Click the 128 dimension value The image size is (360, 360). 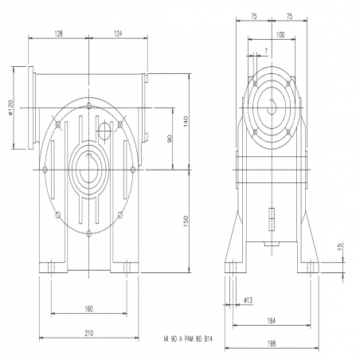(x=58, y=33)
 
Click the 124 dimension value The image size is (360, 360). (x=118, y=33)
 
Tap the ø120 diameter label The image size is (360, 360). (x=10, y=108)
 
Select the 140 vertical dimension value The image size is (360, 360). (x=186, y=121)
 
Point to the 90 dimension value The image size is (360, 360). (x=170, y=139)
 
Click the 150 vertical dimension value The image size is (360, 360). (x=186, y=221)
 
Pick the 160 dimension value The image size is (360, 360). (x=89, y=309)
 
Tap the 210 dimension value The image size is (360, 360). (x=89, y=333)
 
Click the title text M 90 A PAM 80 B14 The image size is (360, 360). (x=188, y=339)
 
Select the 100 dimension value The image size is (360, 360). (x=280, y=35)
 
